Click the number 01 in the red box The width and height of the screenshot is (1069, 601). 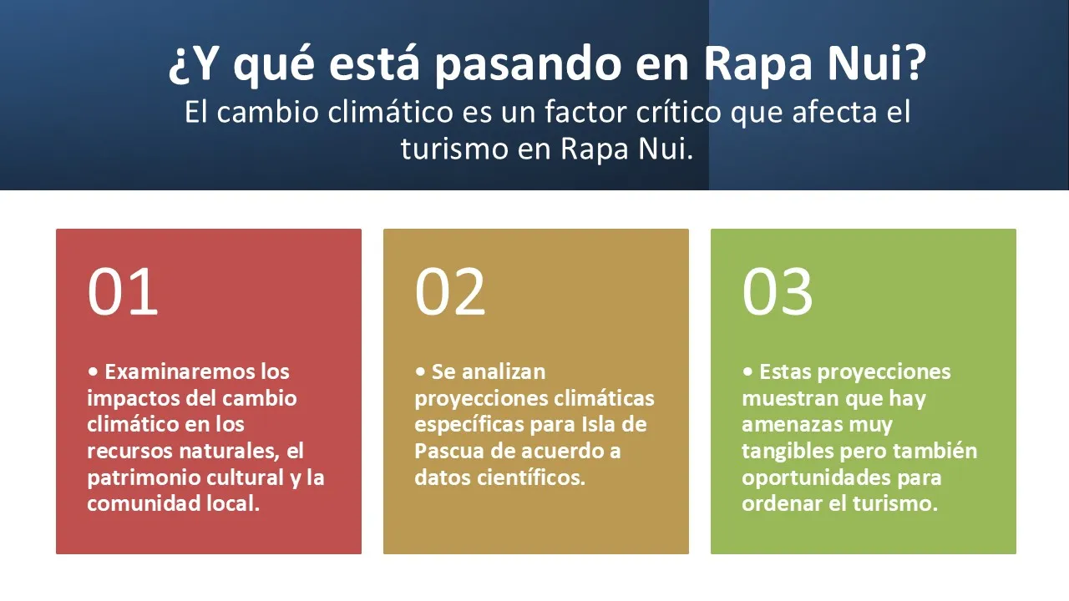point(123,291)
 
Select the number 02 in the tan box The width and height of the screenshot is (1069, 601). point(450,291)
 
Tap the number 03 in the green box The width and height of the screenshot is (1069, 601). point(778,291)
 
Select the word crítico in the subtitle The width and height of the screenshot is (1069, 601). point(679,112)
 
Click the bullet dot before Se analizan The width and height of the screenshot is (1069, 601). point(420,371)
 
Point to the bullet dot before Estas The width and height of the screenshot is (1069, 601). point(747,371)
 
